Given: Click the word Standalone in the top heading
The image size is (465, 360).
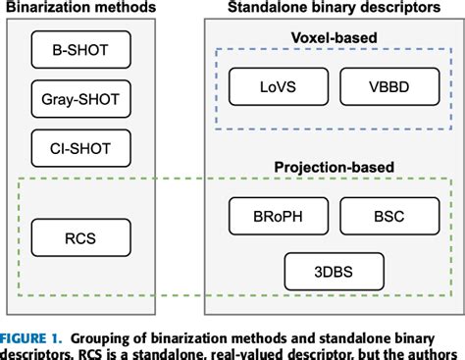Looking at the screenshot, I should click(271, 8).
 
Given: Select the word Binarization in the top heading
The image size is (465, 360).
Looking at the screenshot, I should click(41, 8).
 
